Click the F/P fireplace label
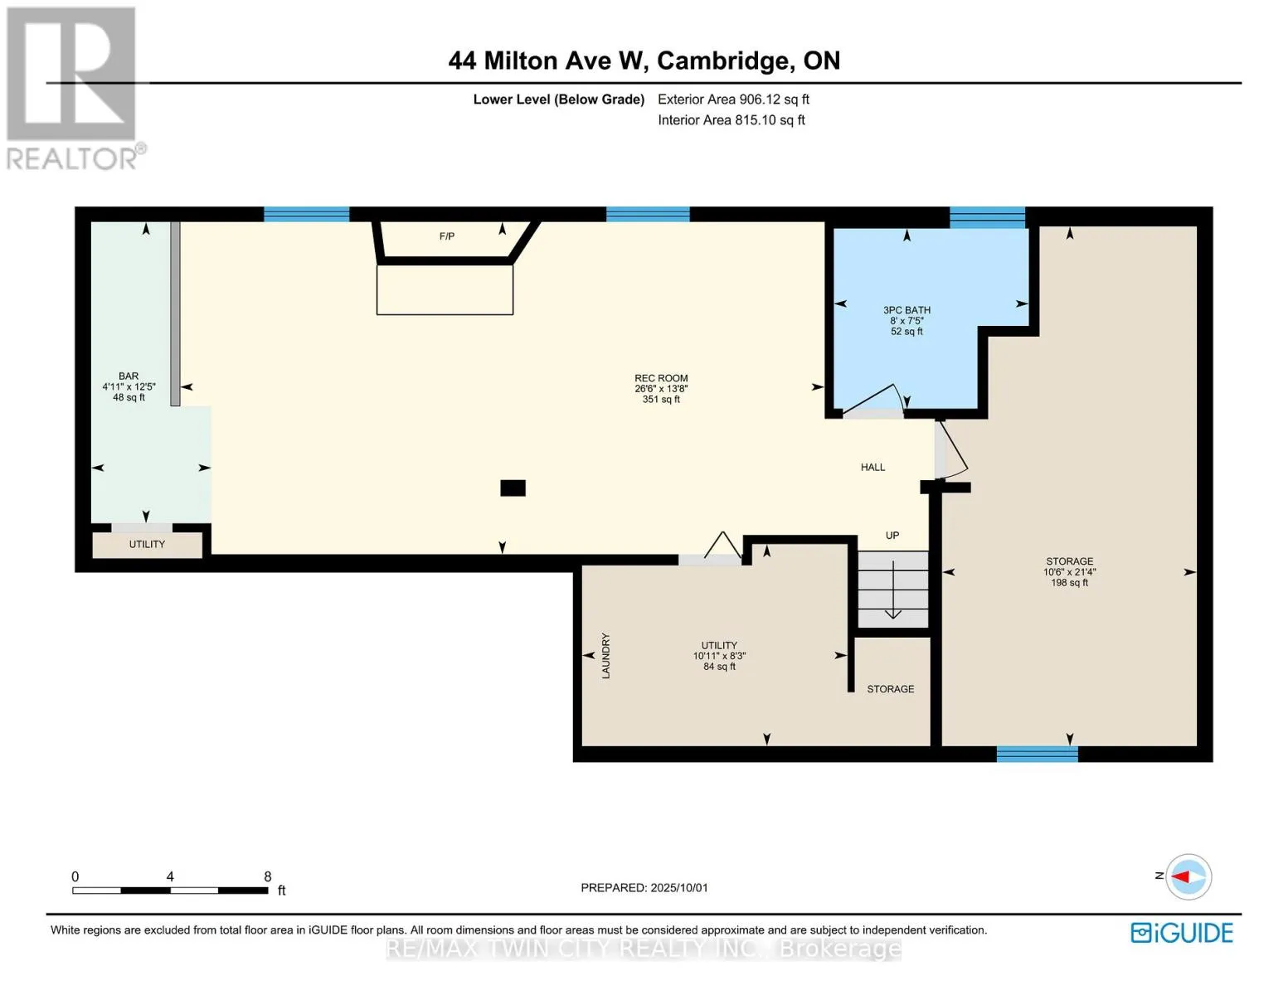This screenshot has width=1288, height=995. tap(446, 236)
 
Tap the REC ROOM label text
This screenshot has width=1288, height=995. tap(661, 378)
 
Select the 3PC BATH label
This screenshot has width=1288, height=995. tap(906, 310)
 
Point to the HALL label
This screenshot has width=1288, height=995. tap(872, 467)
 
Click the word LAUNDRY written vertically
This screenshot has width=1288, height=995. tap(605, 655)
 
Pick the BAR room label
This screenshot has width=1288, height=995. tap(129, 376)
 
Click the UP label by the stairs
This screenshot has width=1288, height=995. tap(892, 535)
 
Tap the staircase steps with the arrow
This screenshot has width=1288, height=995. tap(892, 589)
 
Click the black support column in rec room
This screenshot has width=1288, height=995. tap(513, 488)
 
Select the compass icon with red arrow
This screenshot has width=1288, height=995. tap(1188, 876)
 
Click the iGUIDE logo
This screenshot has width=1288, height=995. tap(1182, 933)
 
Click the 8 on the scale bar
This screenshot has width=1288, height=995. tap(268, 876)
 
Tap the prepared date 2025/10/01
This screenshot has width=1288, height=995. tap(679, 887)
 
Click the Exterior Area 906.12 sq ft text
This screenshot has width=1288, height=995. tap(733, 99)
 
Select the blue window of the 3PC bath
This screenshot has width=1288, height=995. tap(988, 217)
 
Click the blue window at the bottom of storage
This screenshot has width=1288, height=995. tap(1038, 754)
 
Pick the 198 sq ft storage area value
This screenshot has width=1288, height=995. tap(1069, 583)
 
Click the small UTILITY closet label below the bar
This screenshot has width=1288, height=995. tap(147, 544)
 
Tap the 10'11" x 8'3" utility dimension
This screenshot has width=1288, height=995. tap(719, 656)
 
